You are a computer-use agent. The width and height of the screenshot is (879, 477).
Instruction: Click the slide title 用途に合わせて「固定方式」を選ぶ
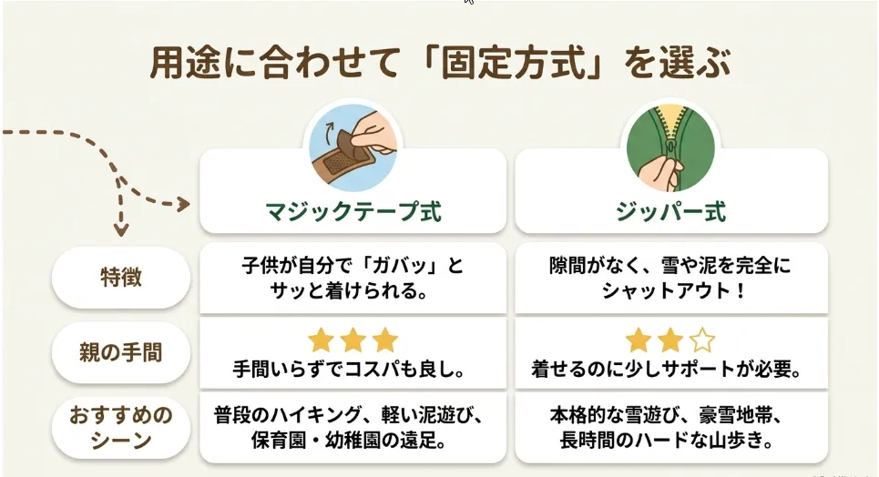tap(440, 63)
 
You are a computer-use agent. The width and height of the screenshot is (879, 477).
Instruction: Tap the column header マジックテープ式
tap(353, 212)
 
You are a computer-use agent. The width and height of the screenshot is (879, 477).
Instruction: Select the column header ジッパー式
tap(671, 212)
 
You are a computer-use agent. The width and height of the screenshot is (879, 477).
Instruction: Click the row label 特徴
tap(121, 278)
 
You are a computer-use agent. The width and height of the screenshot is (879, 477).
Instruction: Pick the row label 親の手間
tap(121, 352)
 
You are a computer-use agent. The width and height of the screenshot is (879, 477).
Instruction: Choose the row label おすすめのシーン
tap(121, 428)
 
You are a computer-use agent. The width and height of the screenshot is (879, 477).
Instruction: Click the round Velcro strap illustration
tap(353, 147)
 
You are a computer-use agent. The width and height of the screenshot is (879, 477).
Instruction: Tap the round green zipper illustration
tap(670, 147)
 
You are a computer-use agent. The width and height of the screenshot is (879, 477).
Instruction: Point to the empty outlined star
tap(702, 340)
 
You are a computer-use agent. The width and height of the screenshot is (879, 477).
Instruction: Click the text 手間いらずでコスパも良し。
tap(350, 370)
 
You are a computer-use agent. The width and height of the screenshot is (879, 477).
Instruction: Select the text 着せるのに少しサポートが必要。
tap(667, 370)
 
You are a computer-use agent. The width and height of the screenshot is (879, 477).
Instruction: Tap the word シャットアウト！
tap(673, 291)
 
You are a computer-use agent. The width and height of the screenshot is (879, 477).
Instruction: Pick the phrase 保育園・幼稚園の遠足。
tap(349, 441)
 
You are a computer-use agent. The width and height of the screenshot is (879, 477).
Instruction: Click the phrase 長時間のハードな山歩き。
tap(667, 441)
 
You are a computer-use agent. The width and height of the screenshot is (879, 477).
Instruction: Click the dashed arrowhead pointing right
tap(184, 204)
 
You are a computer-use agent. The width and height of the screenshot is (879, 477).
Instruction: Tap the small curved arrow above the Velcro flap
tap(330, 129)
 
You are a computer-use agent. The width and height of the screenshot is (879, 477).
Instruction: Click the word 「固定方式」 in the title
tap(514, 63)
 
